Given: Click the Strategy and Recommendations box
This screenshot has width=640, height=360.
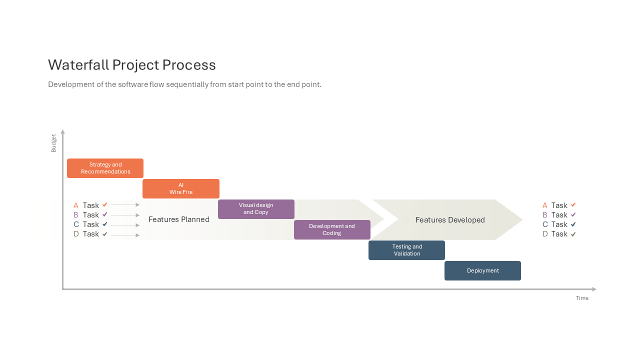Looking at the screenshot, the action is coord(105,168).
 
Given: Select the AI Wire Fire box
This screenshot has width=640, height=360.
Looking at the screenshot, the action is coord(181,189).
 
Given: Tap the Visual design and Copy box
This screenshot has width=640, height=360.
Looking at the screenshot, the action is coord(256,209).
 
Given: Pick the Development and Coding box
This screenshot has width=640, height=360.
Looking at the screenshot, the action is coord(332,229).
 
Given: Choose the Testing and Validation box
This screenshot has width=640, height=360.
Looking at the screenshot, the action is coord(406,250).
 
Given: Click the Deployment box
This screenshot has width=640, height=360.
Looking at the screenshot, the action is coord(482,270).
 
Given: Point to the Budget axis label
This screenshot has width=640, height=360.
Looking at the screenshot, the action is coord(53,143).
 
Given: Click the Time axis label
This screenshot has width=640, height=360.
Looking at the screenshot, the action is coord(582,298).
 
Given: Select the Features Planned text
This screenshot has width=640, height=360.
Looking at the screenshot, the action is coord(179,219).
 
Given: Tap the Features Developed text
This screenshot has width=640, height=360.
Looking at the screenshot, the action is coord(450,219).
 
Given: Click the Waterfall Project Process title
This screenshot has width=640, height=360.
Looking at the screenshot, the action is coord(131,65).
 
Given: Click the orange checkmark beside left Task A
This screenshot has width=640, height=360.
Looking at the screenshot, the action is coord(105,204).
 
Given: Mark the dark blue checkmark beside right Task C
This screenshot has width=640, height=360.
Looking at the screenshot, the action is coord(573,224).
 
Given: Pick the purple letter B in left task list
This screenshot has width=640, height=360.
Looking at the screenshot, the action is coord(75,215).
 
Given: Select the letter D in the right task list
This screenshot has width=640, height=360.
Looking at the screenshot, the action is coord(545,234).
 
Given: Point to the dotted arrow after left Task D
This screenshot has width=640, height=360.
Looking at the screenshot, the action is coord(125,235).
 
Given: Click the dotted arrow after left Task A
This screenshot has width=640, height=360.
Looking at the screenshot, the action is coord(125,205).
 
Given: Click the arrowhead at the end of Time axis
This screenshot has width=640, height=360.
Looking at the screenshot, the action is coord(595,289).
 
